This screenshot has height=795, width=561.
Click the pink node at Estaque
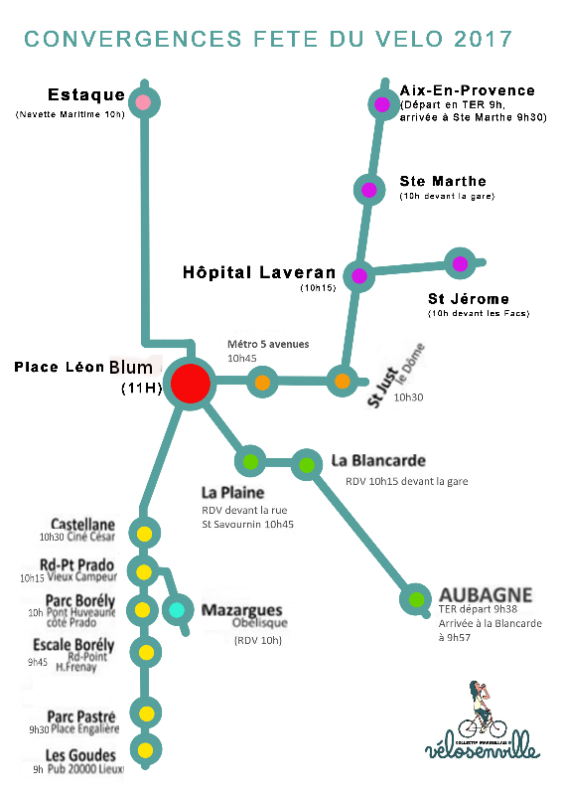click(x=144, y=101)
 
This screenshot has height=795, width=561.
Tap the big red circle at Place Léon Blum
click(x=190, y=384)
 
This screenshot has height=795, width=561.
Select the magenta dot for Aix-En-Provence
click(x=382, y=103)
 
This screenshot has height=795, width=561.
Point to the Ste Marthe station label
click(x=442, y=181)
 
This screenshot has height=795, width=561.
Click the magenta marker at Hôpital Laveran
click(x=358, y=275)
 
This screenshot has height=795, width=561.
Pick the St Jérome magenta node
click(x=459, y=263)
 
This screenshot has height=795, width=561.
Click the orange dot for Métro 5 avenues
click(x=262, y=382)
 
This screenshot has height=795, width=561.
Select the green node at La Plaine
click(x=250, y=461)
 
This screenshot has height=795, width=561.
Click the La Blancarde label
click(x=378, y=461)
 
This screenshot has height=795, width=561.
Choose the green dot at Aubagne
click(x=415, y=599)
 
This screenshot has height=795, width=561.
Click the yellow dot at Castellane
click(x=145, y=534)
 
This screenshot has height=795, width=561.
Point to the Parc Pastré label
click(x=81, y=715)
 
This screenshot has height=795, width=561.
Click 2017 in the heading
click(x=481, y=40)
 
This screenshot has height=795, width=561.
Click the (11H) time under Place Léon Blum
click(x=140, y=388)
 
